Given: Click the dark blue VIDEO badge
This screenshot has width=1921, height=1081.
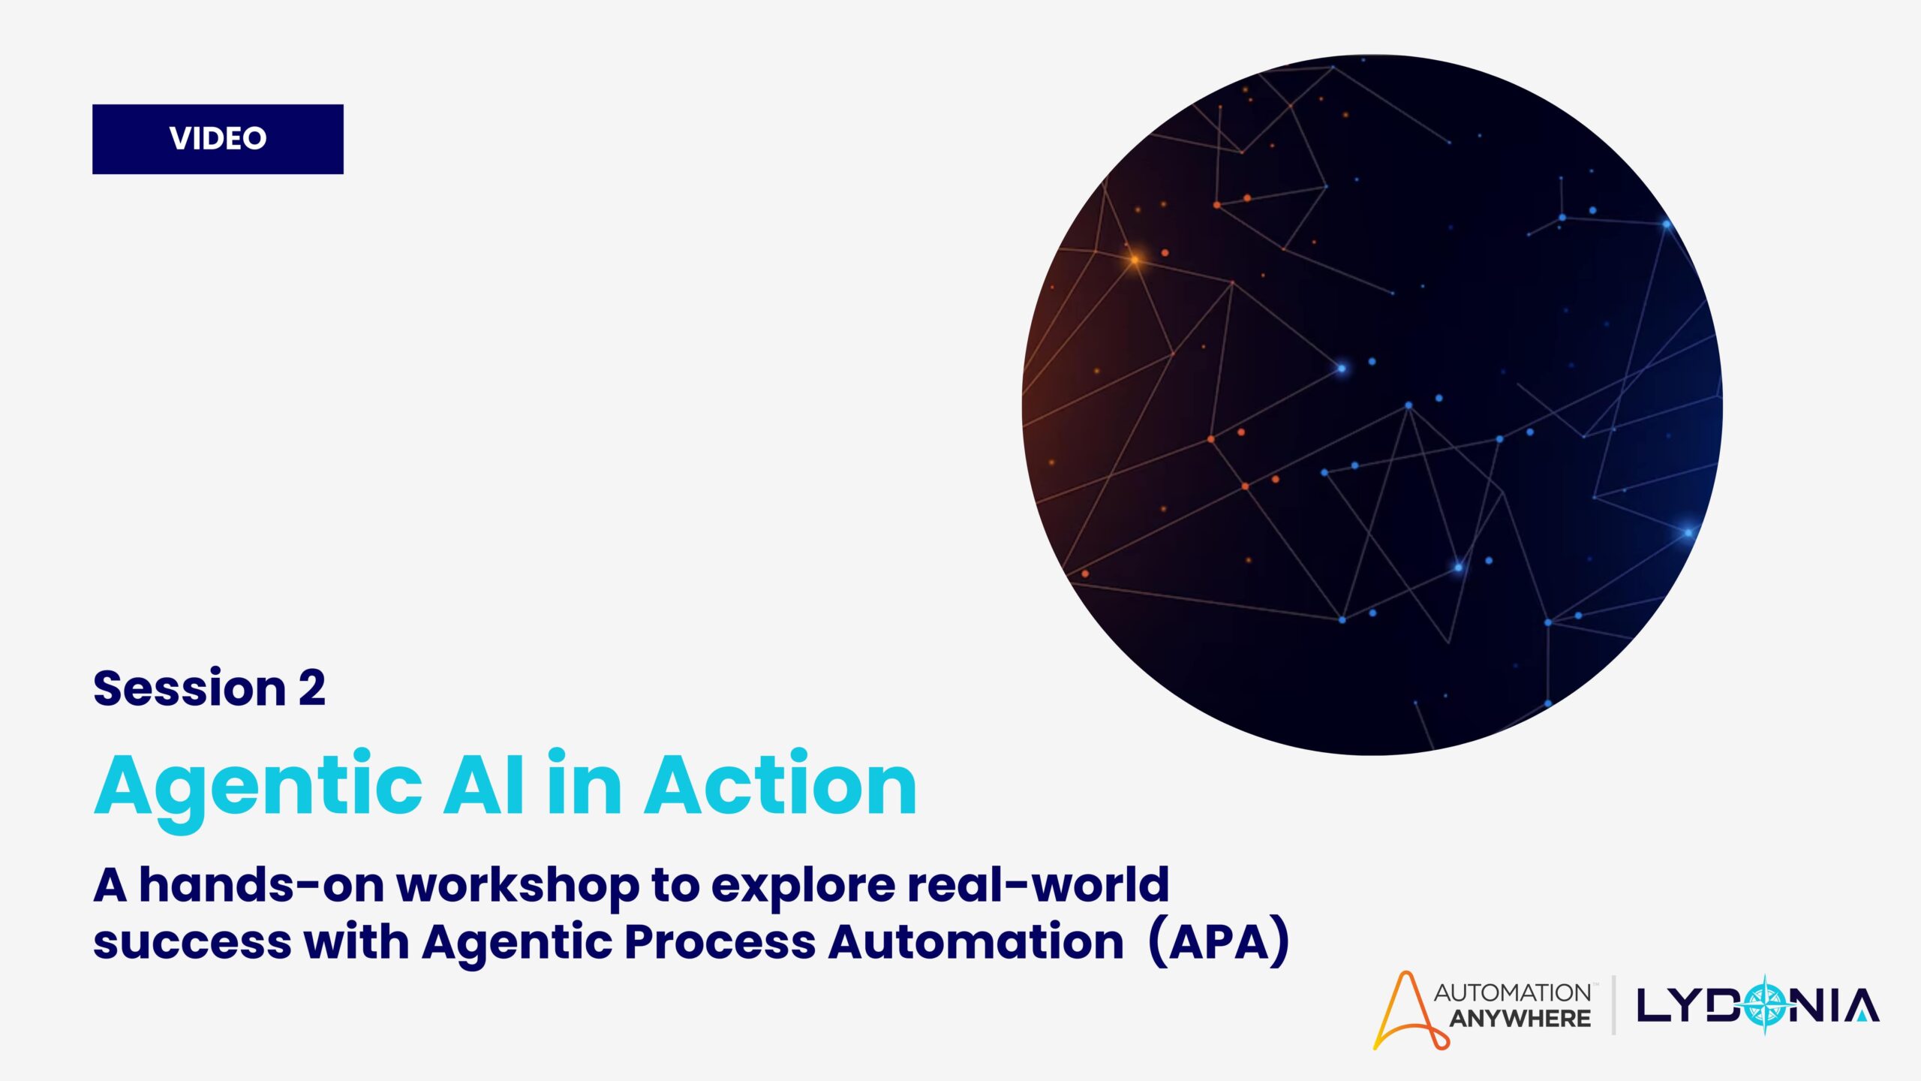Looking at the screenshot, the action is [218, 139].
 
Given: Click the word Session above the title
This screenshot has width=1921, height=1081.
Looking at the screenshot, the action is [189, 688].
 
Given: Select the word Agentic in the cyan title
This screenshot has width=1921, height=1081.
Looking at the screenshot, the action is [258, 788].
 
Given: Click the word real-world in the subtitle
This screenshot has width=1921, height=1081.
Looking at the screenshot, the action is [1039, 884].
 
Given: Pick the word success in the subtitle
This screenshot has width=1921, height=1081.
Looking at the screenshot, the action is [192, 943].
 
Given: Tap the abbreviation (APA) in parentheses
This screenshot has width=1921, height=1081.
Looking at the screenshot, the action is [1219, 943].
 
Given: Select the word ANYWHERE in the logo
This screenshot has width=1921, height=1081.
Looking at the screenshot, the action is [1520, 1019].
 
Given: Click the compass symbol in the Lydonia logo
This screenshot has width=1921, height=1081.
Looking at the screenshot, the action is [1766, 1006].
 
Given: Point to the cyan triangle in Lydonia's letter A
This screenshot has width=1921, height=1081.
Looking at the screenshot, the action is [1862, 1016].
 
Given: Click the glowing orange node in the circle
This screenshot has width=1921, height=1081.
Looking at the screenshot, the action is [1135, 260].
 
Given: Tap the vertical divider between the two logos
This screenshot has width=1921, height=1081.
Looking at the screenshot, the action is [1613, 1005].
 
